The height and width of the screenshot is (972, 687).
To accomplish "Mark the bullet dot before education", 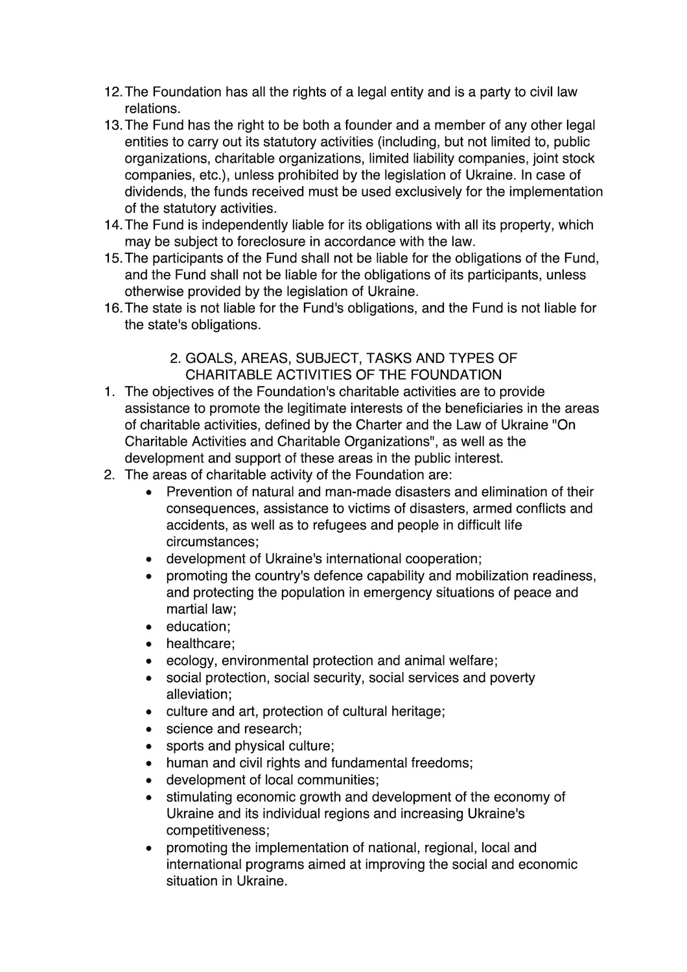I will [150, 627].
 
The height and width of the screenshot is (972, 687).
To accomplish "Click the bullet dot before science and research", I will [150, 729].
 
